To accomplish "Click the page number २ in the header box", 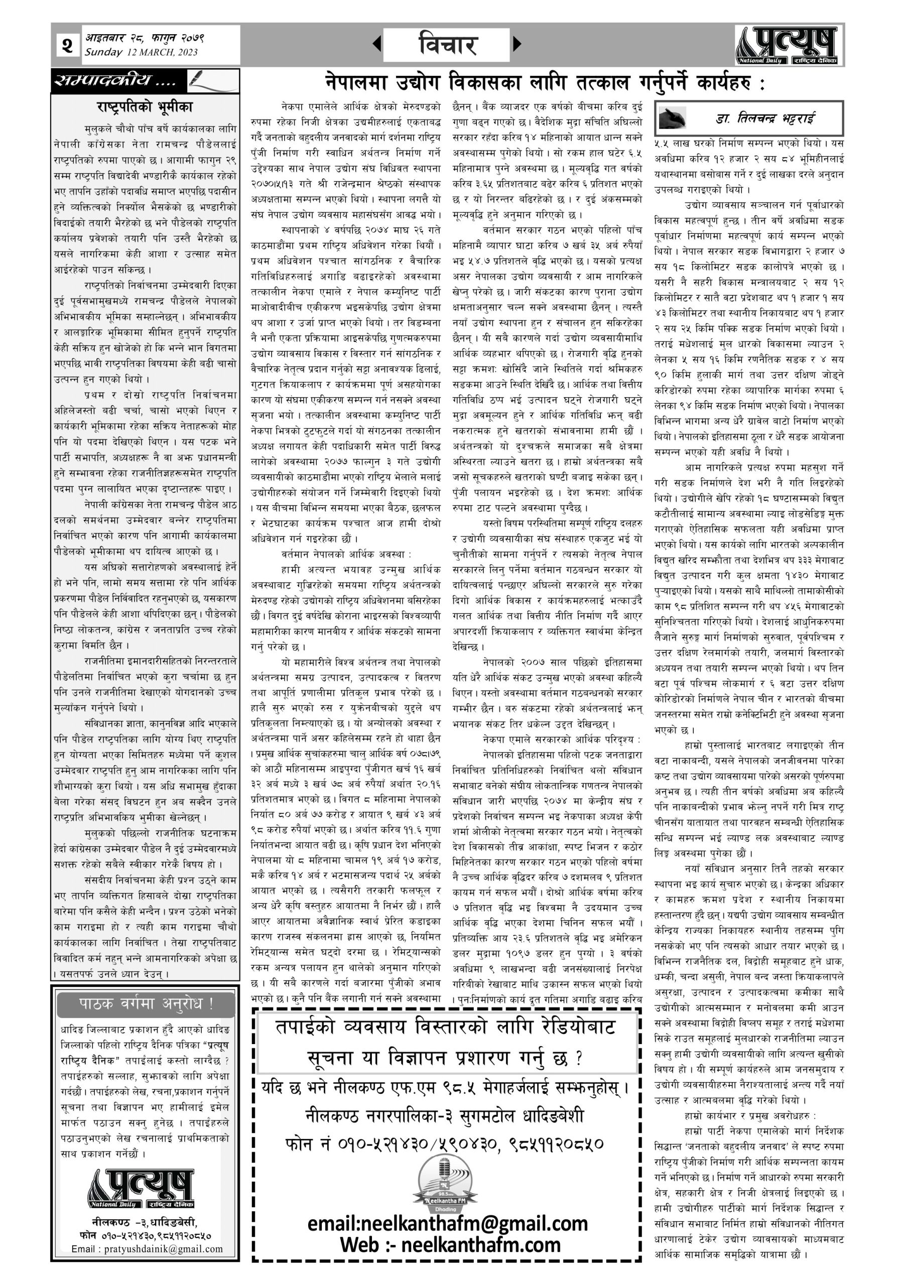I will coord(67,45).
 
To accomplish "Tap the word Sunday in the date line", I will coord(103,53).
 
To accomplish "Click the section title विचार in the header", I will coord(447,45).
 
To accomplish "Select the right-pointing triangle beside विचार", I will coord(517,44).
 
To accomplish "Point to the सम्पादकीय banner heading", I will coord(115,82).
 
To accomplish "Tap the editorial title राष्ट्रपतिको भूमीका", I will coord(145,106).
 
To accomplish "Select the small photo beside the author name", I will coord(674,117).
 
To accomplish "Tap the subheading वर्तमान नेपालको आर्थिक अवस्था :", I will coord(346,554).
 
